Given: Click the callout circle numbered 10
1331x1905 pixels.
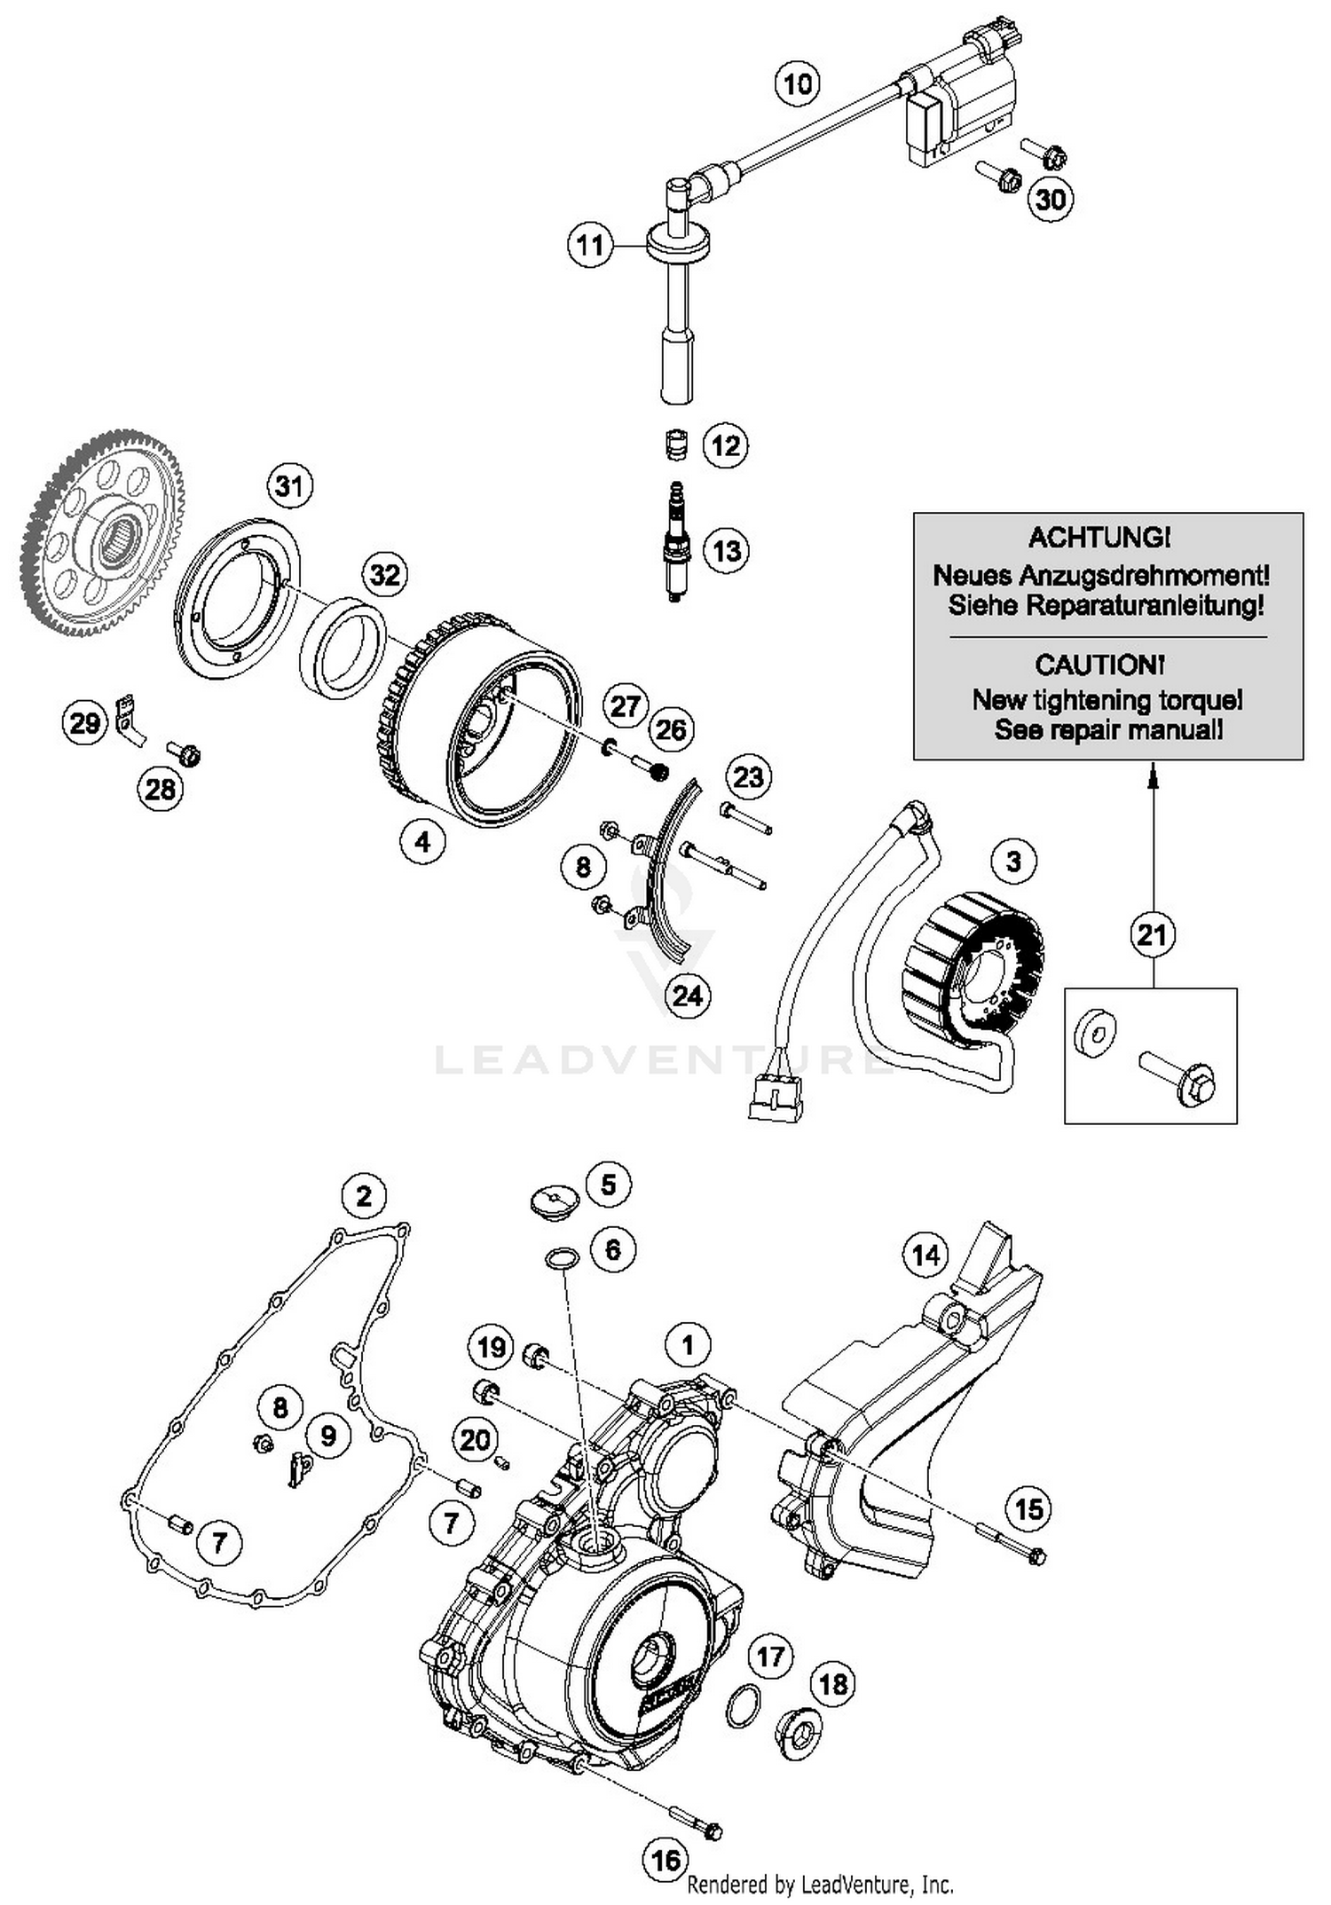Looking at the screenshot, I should [797, 84].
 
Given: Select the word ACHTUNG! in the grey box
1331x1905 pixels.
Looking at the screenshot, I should [1099, 537].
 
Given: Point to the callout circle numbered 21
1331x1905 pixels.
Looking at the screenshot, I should [1152, 934].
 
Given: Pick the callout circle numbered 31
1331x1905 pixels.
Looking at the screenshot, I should [289, 486].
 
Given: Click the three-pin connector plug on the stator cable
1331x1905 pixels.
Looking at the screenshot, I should [776, 1098].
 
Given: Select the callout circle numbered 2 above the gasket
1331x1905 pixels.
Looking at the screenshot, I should [364, 1196].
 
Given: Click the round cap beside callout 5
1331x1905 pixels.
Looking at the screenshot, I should [555, 1204].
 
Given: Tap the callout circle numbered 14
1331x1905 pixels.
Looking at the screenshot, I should [925, 1255].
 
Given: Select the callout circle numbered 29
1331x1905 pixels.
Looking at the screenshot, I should [84, 723].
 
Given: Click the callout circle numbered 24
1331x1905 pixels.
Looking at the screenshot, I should [688, 996].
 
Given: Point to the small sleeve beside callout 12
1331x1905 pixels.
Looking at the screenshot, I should [677, 444].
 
